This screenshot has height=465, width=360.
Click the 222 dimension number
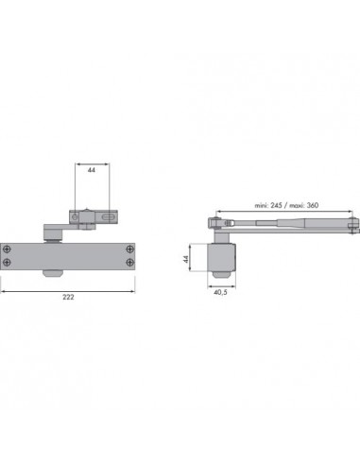pyautogui.click(x=68, y=297)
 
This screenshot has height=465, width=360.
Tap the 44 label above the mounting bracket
pyautogui.click(x=92, y=170)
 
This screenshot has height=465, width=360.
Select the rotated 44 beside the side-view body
pyautogui.click(x=186, y=259)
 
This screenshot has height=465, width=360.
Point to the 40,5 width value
pyautogui.click(x=220, y=292)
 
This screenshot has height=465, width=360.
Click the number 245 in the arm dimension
pyautogui.click(x=276, y=205)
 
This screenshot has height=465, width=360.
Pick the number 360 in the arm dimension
pyautogui.click(x=313, y=205)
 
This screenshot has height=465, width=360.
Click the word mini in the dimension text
pyautogui.click(x=262, y=205)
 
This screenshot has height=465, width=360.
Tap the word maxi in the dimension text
pyautogui.click(x=297, y=205)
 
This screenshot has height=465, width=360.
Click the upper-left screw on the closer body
pyautogui.click(x=7, y=250)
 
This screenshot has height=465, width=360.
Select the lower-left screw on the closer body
pyautogui.click(x=7, y=263)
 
